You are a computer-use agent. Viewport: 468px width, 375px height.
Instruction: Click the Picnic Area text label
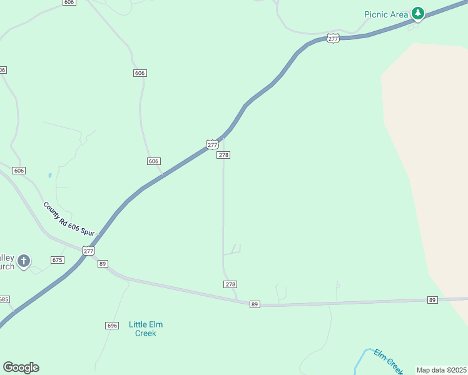(387, 14)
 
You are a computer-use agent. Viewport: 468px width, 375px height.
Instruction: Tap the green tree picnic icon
(417, 13)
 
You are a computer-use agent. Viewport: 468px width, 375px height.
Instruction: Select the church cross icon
(24, 261)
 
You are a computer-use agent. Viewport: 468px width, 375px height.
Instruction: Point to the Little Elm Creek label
(146, 329)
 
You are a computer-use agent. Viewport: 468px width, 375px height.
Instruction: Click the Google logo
(21, 367)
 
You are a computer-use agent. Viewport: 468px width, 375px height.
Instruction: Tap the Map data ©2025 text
(440, 370)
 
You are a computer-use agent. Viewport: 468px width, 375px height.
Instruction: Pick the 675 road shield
(58, 259)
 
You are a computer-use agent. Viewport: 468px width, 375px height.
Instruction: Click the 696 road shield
(112, 326)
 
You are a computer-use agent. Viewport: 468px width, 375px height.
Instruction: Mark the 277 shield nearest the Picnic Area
(333, 38)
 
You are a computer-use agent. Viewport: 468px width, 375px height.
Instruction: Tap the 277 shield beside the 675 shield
(88, 251)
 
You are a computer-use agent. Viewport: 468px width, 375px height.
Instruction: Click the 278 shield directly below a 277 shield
(223, 155)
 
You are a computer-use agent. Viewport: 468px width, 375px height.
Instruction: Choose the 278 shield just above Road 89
(230, 284)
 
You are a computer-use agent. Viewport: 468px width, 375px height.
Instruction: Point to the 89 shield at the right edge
(432, 301)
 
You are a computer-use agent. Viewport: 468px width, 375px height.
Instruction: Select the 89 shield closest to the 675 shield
(103, 264)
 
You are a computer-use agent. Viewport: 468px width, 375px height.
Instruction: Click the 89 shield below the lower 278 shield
(254, 304)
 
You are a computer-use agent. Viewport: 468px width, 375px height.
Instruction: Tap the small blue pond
(49, 176)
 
